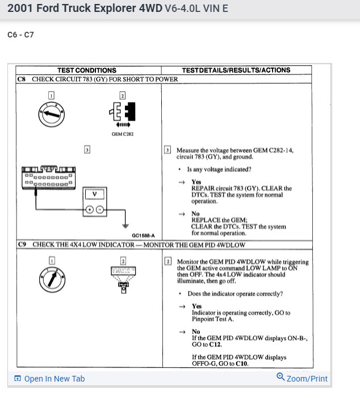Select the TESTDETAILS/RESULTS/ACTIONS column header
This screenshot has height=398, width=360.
[x=236, y=70]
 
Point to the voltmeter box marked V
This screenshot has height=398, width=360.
[x=95, y=194]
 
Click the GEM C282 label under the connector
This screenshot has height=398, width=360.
[x=122, y=135]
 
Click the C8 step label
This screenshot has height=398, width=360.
[x=22, y=79]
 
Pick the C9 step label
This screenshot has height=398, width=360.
[x=22, y=245]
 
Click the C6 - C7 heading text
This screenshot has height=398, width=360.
[x=20, y=35]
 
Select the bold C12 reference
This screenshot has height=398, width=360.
[x=215, y=345]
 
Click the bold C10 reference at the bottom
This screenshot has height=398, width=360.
[x=242, y=363]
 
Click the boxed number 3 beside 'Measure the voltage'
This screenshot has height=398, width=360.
[x=168, y=150]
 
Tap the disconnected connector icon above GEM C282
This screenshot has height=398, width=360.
[x=122, y=111]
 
